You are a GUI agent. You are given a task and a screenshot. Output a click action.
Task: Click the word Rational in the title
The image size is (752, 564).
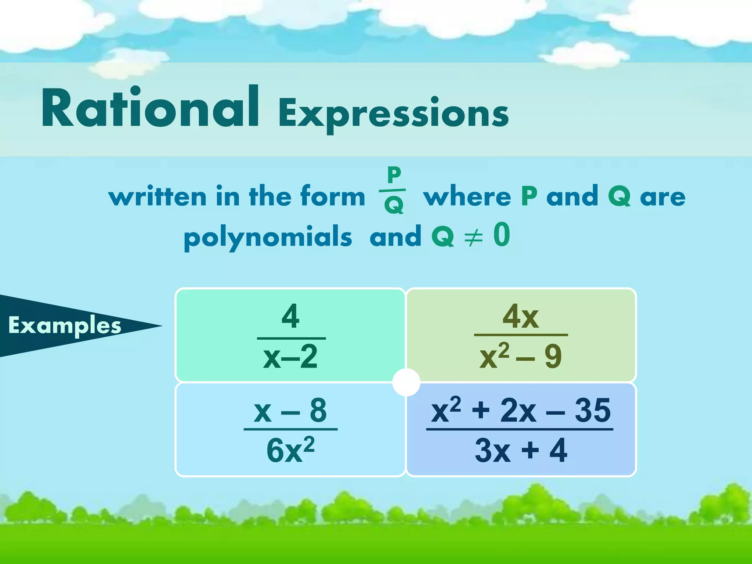(151, 108)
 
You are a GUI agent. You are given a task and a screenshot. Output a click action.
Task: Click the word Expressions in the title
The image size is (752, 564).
(394, 113)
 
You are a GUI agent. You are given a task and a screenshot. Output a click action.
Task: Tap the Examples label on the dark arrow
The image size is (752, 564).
(65, 325)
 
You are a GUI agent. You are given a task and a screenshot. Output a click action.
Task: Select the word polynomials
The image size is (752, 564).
(268, 237)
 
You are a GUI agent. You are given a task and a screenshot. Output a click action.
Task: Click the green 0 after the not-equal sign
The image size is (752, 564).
(502, 235)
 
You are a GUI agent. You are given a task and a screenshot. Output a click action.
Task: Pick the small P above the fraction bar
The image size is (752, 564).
(394, 175)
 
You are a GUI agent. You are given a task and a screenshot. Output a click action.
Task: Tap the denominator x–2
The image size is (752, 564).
(290, 357)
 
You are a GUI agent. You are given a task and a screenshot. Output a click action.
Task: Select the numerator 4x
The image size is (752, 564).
(521, 317)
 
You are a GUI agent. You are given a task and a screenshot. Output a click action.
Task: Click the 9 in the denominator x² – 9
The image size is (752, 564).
(553, 357)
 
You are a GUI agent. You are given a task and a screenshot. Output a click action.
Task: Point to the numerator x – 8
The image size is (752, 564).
(290, 410)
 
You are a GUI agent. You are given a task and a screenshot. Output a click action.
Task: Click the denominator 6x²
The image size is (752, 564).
(290, 450)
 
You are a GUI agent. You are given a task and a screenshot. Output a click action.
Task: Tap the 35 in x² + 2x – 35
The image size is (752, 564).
(592, 410)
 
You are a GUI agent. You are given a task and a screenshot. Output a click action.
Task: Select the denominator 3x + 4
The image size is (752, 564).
(521, 450)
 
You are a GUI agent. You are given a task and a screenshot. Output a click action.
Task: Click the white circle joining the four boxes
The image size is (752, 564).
(406, 382)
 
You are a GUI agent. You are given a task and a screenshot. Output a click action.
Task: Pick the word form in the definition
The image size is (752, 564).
(333, 196)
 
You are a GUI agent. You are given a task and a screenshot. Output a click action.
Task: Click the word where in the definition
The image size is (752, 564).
(467, 196)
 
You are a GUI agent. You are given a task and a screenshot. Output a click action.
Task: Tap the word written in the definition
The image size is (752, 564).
(158, 196)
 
